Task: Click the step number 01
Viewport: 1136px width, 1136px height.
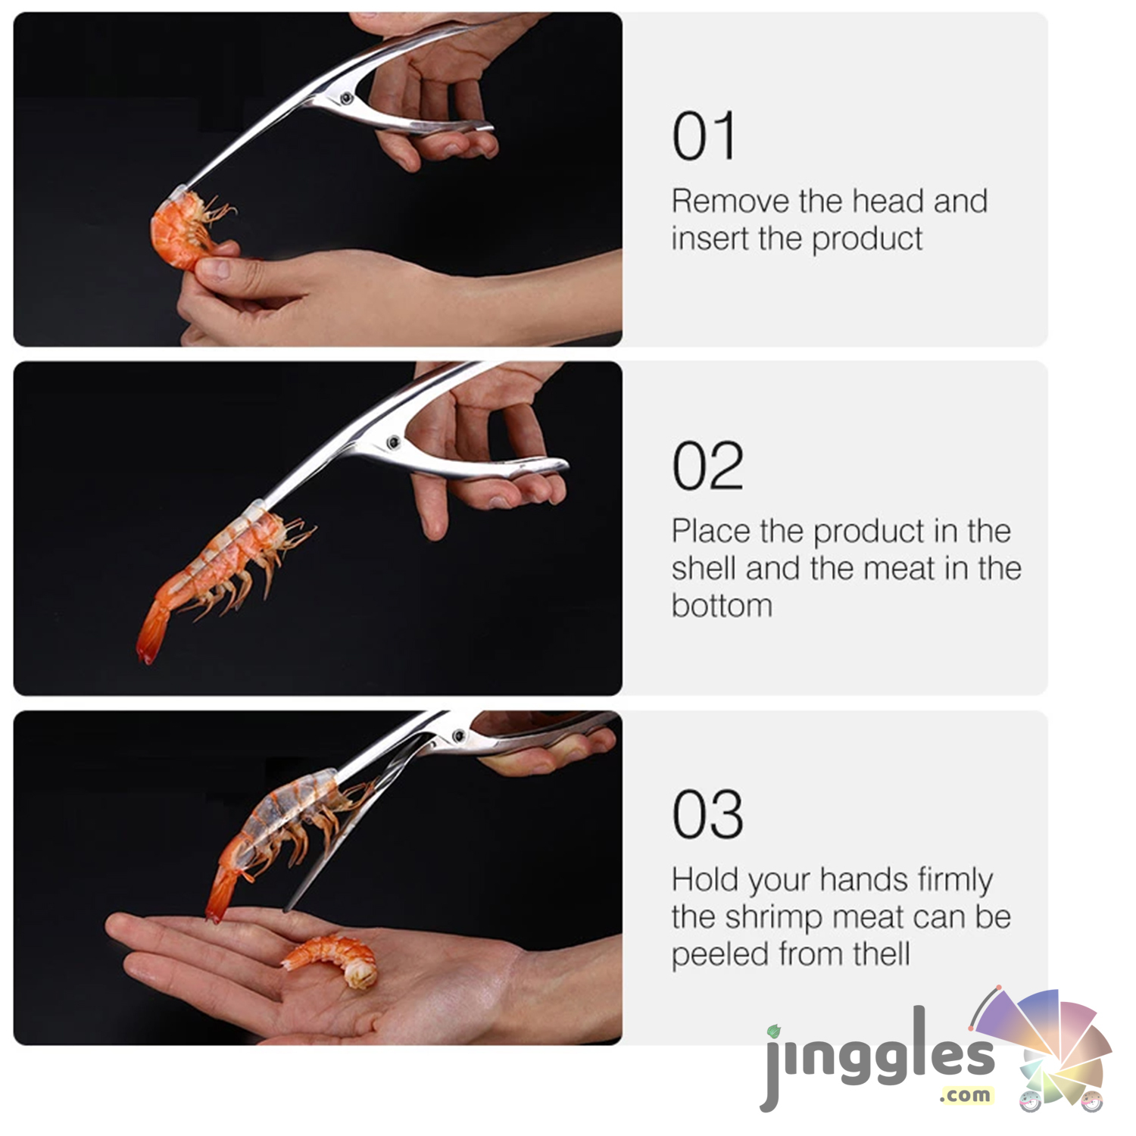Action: [704, 136]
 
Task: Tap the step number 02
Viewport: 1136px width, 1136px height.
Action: [707, 466]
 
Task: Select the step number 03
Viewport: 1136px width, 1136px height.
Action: [707, 815]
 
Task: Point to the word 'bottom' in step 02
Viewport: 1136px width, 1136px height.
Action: [722, 606]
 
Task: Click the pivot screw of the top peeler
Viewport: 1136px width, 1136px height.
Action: [346, 97]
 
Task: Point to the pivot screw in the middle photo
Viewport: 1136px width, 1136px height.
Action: [393, 442]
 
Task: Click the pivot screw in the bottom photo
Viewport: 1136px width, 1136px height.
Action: [458, 735]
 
